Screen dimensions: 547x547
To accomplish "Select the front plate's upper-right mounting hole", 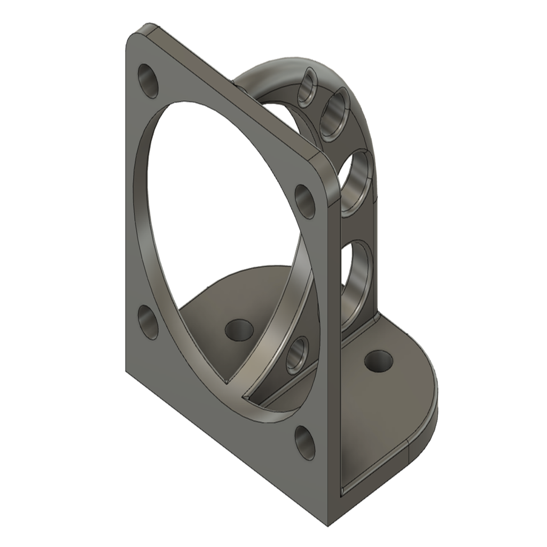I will [305, 201].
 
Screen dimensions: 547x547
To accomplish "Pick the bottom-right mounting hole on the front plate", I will [305, 442].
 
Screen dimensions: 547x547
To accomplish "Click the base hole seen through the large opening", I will [239, 330].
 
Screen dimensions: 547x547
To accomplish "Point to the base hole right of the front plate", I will [379, 362].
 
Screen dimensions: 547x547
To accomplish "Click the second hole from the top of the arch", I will [335, 114].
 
